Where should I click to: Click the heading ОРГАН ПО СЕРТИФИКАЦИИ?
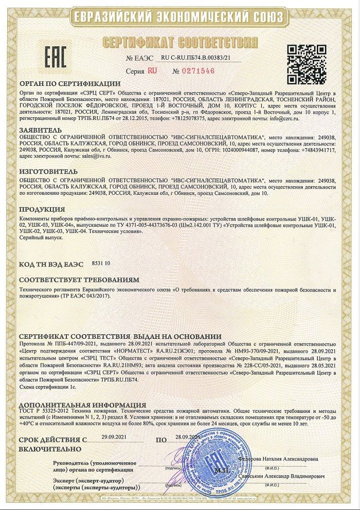tap(69, 84)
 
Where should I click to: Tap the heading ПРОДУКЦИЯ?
tap(42, 209)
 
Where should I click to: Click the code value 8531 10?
tap(101, 263)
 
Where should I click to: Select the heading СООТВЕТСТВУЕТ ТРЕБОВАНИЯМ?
tap(79, 281)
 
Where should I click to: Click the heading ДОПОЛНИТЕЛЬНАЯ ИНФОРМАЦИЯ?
tap(82, 405)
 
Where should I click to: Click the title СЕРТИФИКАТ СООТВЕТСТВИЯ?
tap(179, 41)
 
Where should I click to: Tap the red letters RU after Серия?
tap(152, 71)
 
